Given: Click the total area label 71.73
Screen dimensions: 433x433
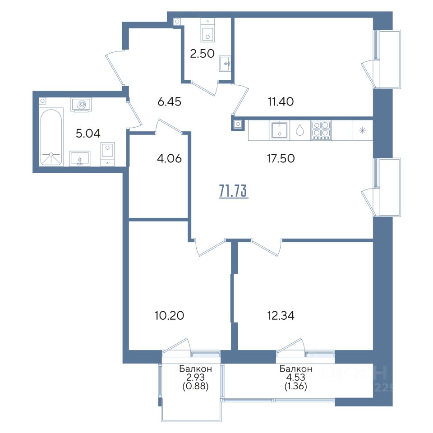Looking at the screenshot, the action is pos(234,191).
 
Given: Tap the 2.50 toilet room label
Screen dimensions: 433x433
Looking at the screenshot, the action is pos(202,54).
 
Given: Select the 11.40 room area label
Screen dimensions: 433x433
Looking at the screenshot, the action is pos(281,101).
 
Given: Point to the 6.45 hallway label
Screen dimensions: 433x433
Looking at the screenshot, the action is pos(169,101).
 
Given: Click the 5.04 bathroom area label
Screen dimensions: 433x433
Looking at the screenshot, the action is pos(88,134).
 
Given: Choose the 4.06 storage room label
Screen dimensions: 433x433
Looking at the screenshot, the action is pos(169,158).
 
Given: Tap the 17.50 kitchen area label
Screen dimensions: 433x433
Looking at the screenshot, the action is pos(281,158).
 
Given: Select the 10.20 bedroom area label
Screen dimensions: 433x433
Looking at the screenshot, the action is pos(170,315).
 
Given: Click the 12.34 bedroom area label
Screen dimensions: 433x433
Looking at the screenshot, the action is pos(281,315).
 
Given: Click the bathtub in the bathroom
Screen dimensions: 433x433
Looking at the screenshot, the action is pos(51,137).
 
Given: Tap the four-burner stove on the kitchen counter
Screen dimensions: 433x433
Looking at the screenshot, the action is pos(321,130).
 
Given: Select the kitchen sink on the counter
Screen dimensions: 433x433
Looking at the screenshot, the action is pos(280,130).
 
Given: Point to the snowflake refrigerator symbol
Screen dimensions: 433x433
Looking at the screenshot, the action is pos(362,130).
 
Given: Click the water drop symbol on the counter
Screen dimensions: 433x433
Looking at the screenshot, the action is pos(300,130).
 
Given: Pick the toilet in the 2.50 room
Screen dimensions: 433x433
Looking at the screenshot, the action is pos(208,31).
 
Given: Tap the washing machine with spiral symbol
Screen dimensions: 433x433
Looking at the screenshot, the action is pos(82,105).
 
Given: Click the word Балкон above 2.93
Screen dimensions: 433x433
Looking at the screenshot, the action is pos(195,369).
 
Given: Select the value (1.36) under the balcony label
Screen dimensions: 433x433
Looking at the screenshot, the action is pos(296,386).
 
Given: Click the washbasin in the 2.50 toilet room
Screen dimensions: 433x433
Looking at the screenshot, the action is pos(225,64).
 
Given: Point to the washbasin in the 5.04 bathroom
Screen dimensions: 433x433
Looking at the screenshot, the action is pos(79,158).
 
